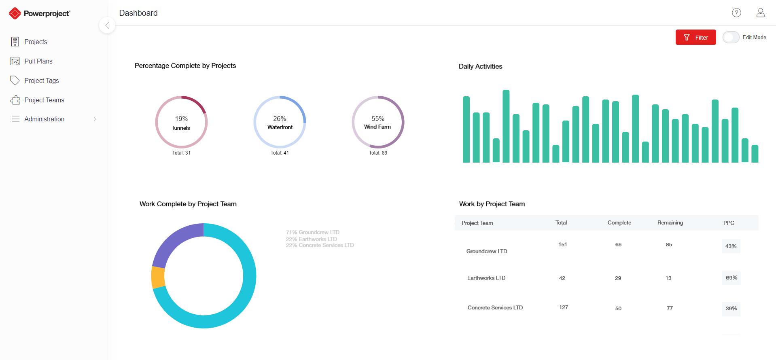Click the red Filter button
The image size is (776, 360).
(x=695, y=37)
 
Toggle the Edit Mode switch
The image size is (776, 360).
(x=731, y=37)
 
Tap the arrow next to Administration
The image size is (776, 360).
(x=95, y=119)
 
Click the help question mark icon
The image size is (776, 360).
(x=736, y=13)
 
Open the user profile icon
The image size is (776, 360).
(x=761, y=13)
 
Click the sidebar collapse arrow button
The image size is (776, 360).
(x=107, y=25)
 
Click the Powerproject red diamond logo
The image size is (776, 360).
(x=15, y=13)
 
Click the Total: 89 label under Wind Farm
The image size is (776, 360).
(x=378, y=153)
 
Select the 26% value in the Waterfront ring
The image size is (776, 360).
(x=280, y=119)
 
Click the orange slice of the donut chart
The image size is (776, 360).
(x=158, y=277)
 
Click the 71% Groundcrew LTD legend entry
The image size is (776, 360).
(x=313, y=232)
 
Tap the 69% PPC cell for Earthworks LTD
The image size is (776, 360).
(x=731, y=278)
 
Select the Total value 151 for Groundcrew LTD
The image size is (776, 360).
(x=562, y=244)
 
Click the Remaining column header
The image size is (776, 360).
(x=670, y=222)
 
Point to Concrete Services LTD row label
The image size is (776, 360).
(x=495, y=307)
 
